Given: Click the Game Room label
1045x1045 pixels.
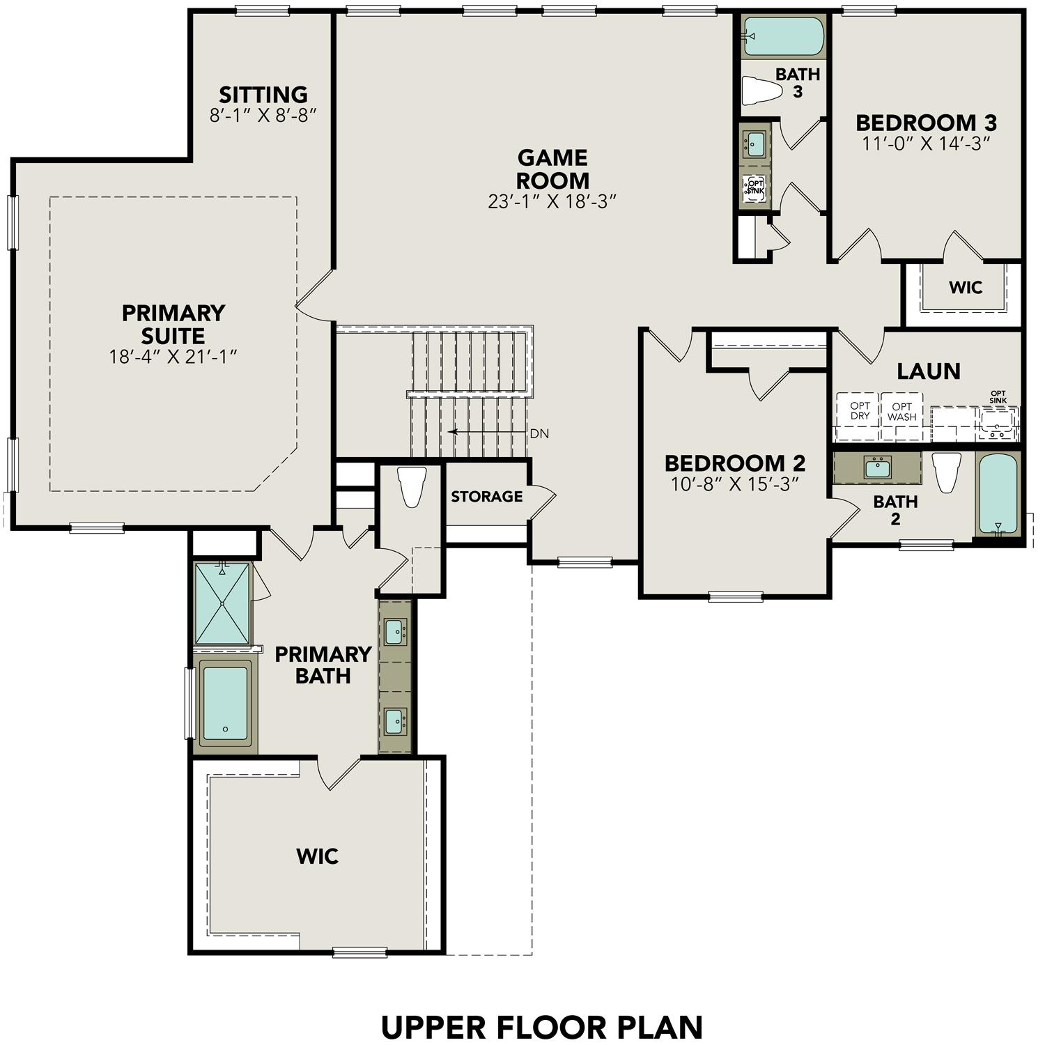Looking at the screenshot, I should [552, 169].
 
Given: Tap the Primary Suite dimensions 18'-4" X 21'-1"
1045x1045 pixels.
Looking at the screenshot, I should [173, 357].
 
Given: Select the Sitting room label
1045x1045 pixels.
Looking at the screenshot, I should [263, 95].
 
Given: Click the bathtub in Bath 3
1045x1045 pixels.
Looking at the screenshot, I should [783, 36].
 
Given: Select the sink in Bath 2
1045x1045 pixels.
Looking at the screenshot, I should [877, 467].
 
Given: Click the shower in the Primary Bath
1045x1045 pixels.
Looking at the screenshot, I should [222, 603].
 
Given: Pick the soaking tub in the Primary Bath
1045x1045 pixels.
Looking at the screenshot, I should [225, 704].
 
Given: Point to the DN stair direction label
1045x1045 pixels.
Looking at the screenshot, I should [539, 433].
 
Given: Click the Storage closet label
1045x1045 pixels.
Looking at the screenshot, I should [486, 497].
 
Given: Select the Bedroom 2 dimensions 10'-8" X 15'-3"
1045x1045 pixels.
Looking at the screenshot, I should [734, 484].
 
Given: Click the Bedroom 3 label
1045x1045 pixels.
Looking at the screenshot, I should [926, 123].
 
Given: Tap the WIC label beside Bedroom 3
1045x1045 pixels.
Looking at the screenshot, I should [965, 287].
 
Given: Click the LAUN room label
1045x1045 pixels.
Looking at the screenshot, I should [928, 371].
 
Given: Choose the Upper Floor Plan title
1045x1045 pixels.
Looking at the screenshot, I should [541, 1028].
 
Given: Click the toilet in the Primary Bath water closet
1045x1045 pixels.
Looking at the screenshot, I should [411, 486].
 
